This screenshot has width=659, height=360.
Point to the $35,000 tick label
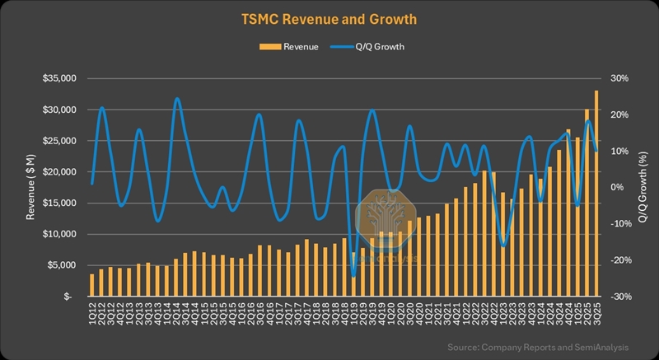click(58, 78)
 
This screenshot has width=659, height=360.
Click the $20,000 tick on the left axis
click(58, 171)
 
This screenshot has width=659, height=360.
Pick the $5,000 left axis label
click(61, 265)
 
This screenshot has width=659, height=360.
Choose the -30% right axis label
click(619, 297)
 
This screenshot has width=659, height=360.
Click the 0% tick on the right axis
click(617, 187)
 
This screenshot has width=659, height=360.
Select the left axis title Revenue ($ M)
click(31, 188)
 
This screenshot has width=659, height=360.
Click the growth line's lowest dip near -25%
click(353, 276)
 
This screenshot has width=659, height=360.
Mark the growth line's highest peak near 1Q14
click(177, 99)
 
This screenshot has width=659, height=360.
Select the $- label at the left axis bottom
click(70, 297)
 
